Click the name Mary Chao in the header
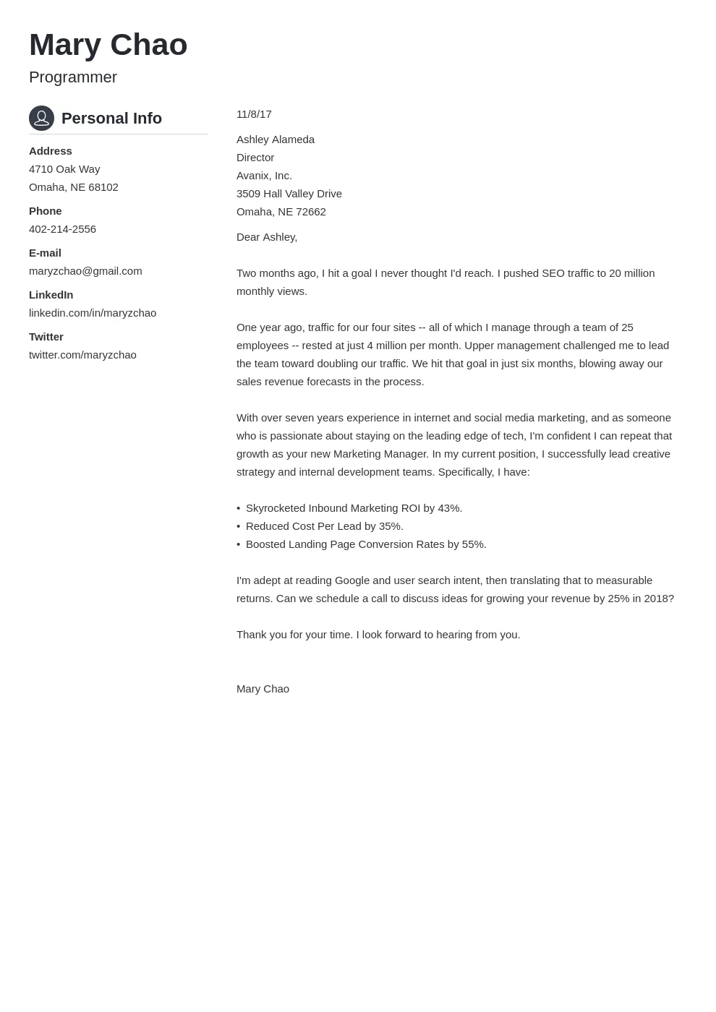coord(108,45)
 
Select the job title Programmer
coord(73,77)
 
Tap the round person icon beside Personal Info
coord(41,118)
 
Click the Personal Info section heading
coord(111,119)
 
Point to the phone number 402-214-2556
coord(62,229)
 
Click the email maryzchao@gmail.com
coord(85,271)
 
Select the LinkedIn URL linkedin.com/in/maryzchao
coord(93,313)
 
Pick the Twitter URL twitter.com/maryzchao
coord(82,355)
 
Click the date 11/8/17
coord(254,114)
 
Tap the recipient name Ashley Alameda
coord(276,140)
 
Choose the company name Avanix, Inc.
coord(264,176)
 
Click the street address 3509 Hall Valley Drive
coord(289,194)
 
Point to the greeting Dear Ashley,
coord(267,237)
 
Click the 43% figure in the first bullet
coord(449,508)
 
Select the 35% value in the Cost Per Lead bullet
coord(391,526)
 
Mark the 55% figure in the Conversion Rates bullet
coord(474,544)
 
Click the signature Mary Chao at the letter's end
coord(263,689)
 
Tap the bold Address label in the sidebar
coord(51,151)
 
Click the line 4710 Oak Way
coord(64,169)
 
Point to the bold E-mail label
coord(45,253)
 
